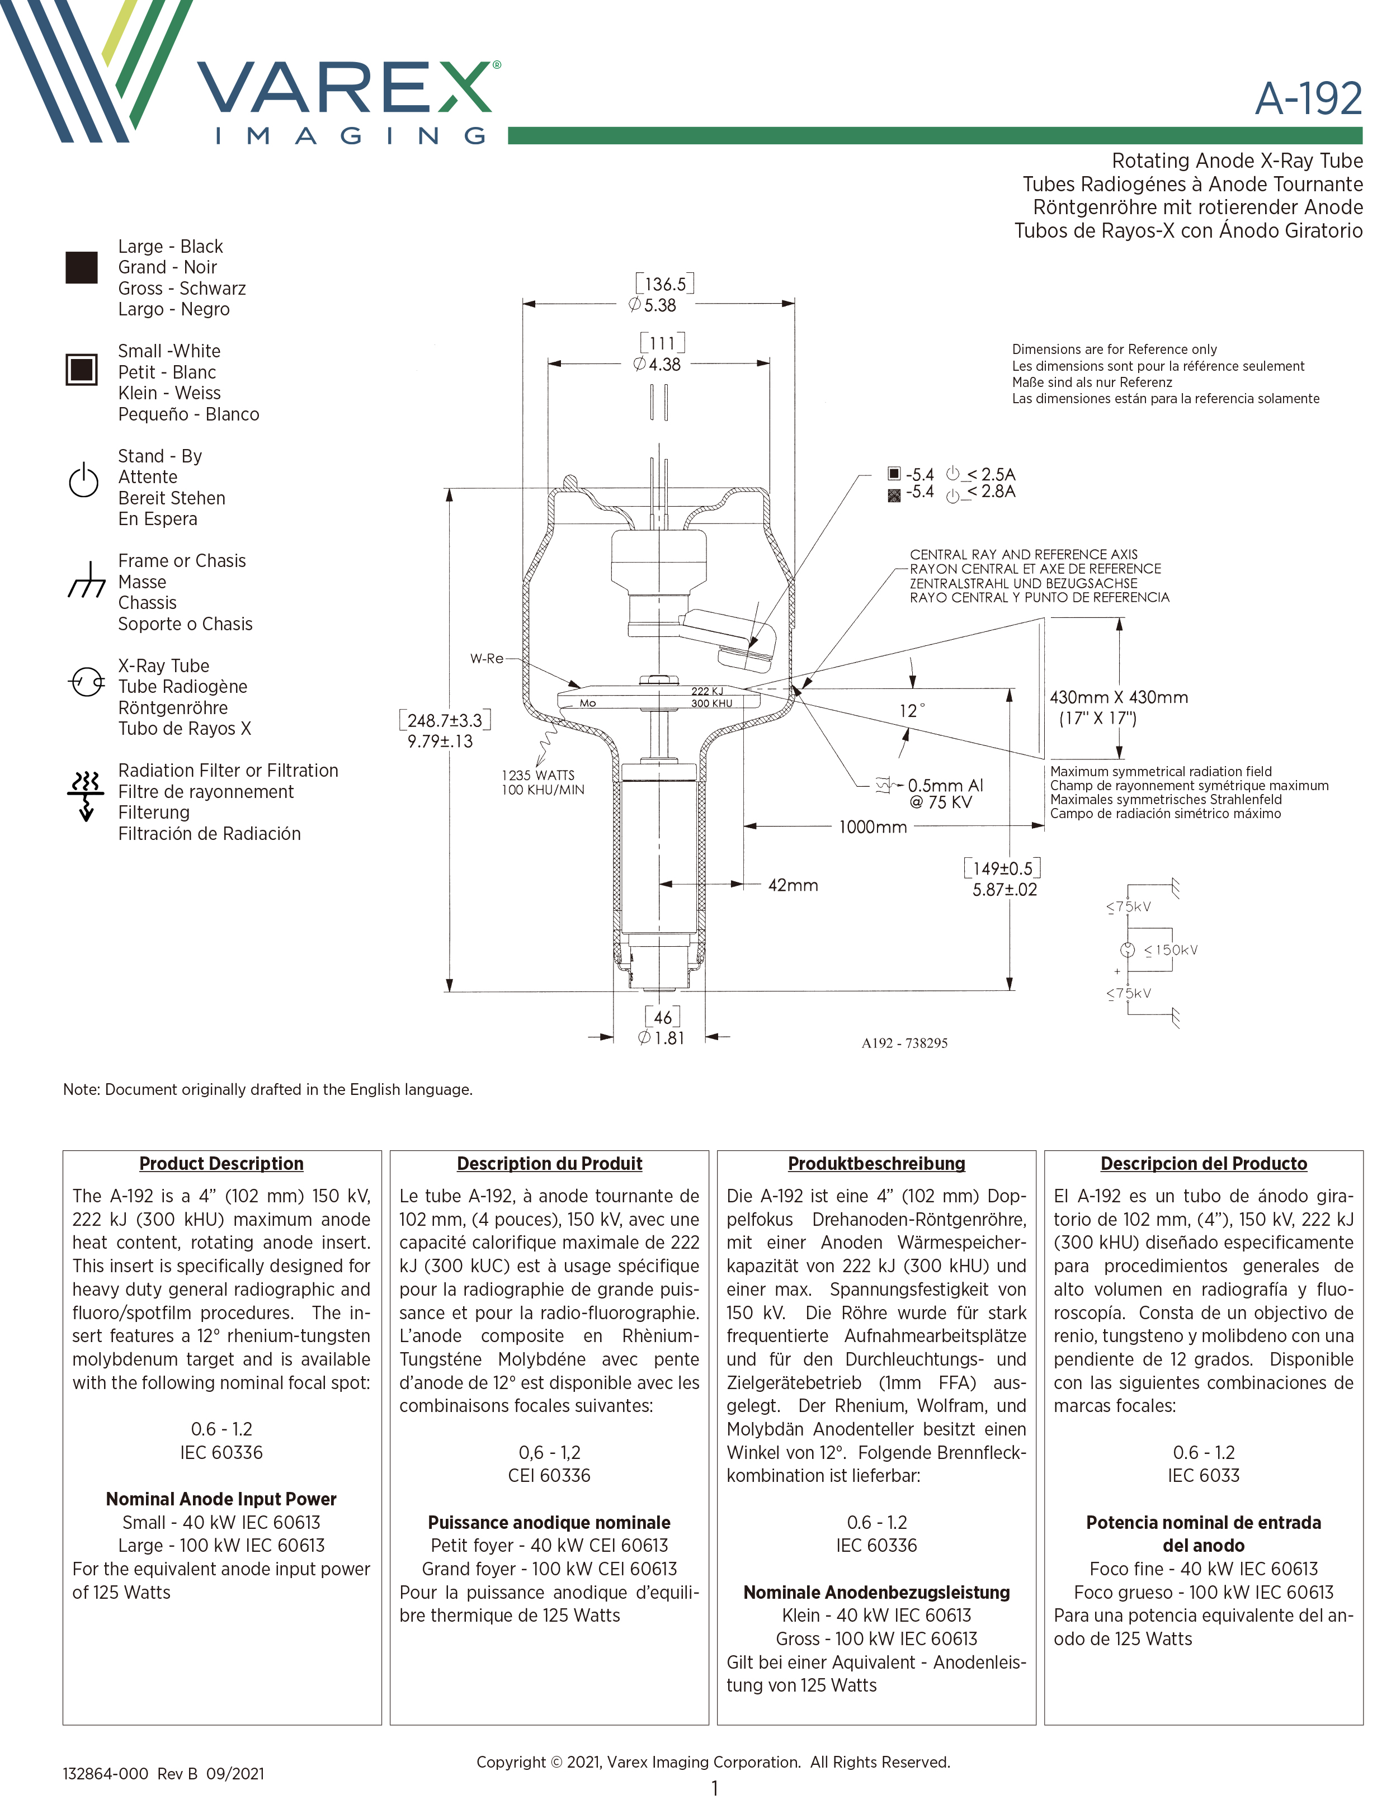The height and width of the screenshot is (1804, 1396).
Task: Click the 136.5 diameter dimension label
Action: point(665,284)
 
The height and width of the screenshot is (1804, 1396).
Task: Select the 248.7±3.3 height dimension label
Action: point(445,720)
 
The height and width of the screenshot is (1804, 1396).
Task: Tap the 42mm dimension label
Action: point(793,885)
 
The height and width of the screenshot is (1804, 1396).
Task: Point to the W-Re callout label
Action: point(487,658)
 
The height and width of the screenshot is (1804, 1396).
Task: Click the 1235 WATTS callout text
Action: point(537,775)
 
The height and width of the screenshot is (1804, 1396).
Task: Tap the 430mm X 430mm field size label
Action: point(1119,697)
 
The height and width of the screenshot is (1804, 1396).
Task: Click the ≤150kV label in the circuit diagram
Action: point(1171,950)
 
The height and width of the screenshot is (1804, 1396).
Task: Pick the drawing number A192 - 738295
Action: point(904,1043)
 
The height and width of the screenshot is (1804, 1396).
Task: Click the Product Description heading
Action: point(221,1163)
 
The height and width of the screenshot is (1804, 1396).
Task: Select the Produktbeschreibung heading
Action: point(876,1163)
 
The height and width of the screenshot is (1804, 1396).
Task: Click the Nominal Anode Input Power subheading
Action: point(221,1498)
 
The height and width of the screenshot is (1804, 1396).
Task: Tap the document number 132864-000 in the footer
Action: point(106,1773)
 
